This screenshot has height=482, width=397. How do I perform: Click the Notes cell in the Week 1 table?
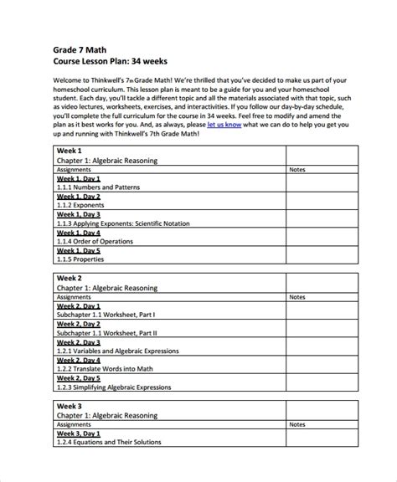[x=297, y=169]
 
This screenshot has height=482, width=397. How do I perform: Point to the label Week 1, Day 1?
[x=79, y=178]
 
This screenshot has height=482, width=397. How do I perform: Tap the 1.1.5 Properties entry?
[x=80, y=261]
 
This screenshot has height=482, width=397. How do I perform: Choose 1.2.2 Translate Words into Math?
[x=107, y=369]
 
